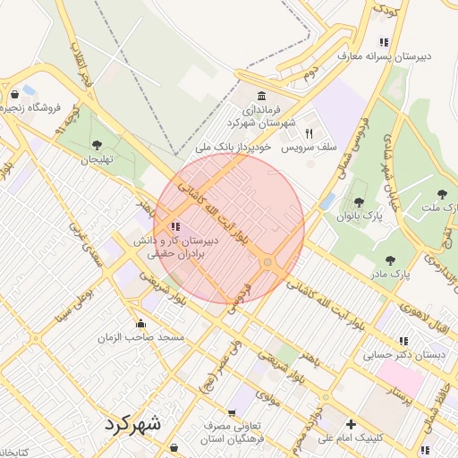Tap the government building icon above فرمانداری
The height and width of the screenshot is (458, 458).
tap(260, 96)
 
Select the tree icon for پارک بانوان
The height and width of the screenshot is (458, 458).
tap(359, 203)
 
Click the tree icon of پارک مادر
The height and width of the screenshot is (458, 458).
tap(389, 260)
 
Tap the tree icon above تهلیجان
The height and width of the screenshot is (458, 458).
tap(97, 145)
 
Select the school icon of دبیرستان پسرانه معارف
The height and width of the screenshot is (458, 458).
tap(384, 42)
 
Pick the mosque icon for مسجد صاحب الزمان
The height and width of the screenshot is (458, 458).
tap(140, 324)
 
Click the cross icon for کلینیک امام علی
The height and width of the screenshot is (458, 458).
tap(351, 424)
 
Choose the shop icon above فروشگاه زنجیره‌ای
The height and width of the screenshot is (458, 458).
tap(14, 94)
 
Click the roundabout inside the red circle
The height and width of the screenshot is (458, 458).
tap(267, 261)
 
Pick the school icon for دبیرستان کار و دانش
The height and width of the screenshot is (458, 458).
tap(174, 227)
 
